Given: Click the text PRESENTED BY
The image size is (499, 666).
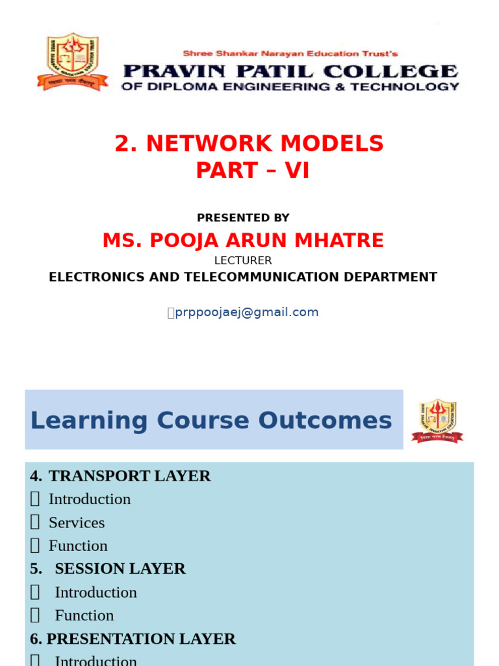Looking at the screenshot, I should click(x=243, y=218).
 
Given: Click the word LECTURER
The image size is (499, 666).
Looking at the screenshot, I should click(x=243, y=261).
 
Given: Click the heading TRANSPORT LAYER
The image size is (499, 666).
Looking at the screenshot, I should click(x=129, y=476).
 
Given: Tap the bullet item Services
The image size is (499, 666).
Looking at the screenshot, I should click(x=77, y=523).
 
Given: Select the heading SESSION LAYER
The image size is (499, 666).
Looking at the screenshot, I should click(x=120, y=568).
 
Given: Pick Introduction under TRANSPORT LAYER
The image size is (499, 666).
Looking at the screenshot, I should click(x=90, y=499).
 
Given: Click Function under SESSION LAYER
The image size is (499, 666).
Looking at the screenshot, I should click(x=84, y=615).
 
